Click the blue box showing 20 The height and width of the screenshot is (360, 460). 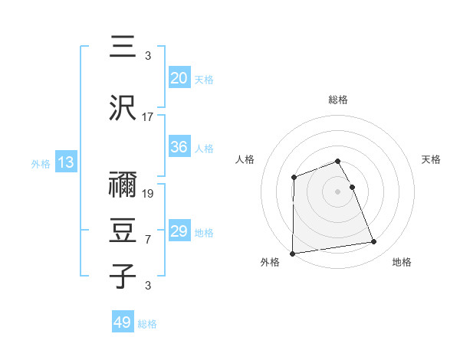tap(179, 78)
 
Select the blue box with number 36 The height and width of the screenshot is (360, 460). tap(179, 148)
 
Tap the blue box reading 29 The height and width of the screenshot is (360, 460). tap(179, 231)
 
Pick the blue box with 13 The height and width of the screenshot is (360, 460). tap(65, 162)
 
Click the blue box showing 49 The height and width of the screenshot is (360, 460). tap(122, 322)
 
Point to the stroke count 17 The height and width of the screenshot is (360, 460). tap(148, 117)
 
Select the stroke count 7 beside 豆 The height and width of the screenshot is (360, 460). tap(148, 240)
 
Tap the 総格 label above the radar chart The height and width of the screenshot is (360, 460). tap(338, 100)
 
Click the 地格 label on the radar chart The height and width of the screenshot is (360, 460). tap(402, 262)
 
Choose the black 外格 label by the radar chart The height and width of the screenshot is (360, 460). tap(270, 262)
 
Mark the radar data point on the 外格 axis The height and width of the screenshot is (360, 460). tap(292, 253)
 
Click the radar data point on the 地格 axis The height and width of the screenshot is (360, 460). tap(374, 242)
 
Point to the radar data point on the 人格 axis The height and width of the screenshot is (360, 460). tap(294, 178)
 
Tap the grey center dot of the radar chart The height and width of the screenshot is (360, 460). tap(338, 191)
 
